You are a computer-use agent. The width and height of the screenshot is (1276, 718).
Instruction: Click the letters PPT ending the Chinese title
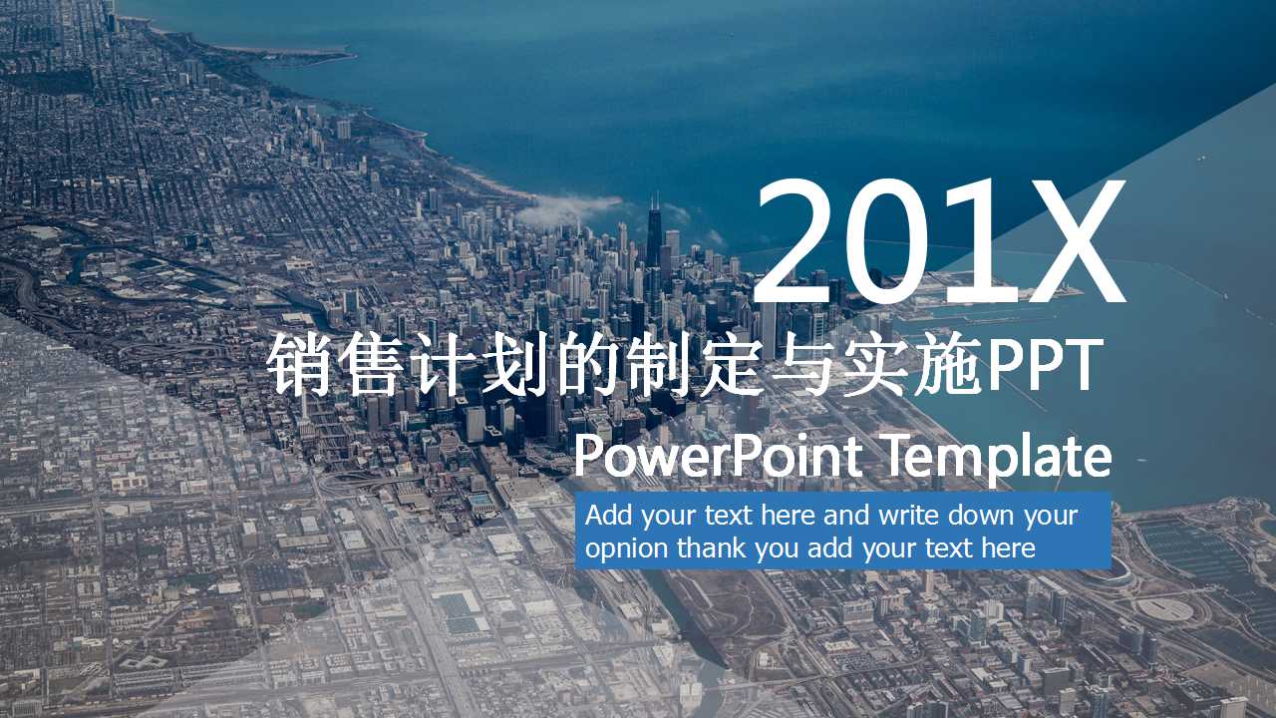point(1046,365)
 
